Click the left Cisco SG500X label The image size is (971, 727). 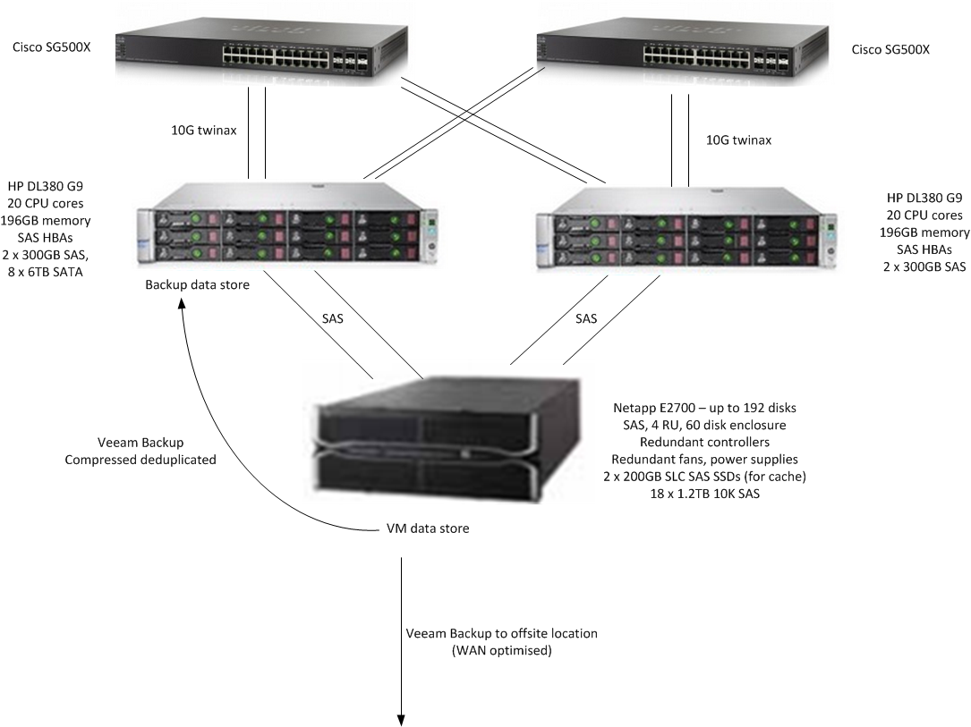(51, 47)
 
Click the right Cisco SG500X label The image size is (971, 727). (890, 49)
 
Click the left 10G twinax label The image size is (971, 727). (204, 131)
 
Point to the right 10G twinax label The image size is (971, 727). (739, 140)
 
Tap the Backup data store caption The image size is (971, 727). (198, 284)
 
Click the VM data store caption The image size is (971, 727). (428, 528)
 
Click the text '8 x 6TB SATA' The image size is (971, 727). (46, 272)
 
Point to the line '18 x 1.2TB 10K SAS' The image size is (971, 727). (704, 494)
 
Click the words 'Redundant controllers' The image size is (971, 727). (704, 443)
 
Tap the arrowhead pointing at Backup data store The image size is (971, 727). (182, 304)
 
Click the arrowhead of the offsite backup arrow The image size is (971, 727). (401, 721)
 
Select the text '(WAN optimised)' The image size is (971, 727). (501, 651)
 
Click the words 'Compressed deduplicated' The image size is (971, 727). (141, 460)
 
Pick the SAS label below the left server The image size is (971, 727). (333, 318)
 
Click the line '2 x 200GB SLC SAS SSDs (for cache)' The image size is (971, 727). (704, 477)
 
